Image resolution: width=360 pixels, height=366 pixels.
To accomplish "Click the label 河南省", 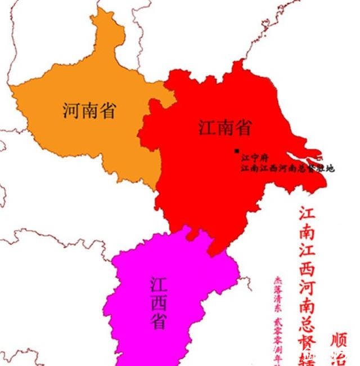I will [x=89, y=110].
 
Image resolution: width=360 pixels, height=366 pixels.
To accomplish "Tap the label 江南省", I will [x=224, y=128].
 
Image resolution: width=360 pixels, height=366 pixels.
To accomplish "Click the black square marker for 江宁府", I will [x=237, y=150].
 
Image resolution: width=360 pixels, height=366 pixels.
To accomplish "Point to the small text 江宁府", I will [x=252, y=158].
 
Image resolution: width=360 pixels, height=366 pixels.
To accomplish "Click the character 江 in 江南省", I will [x=206, y=128].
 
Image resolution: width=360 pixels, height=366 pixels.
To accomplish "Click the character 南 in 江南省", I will [x=224, y=128].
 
